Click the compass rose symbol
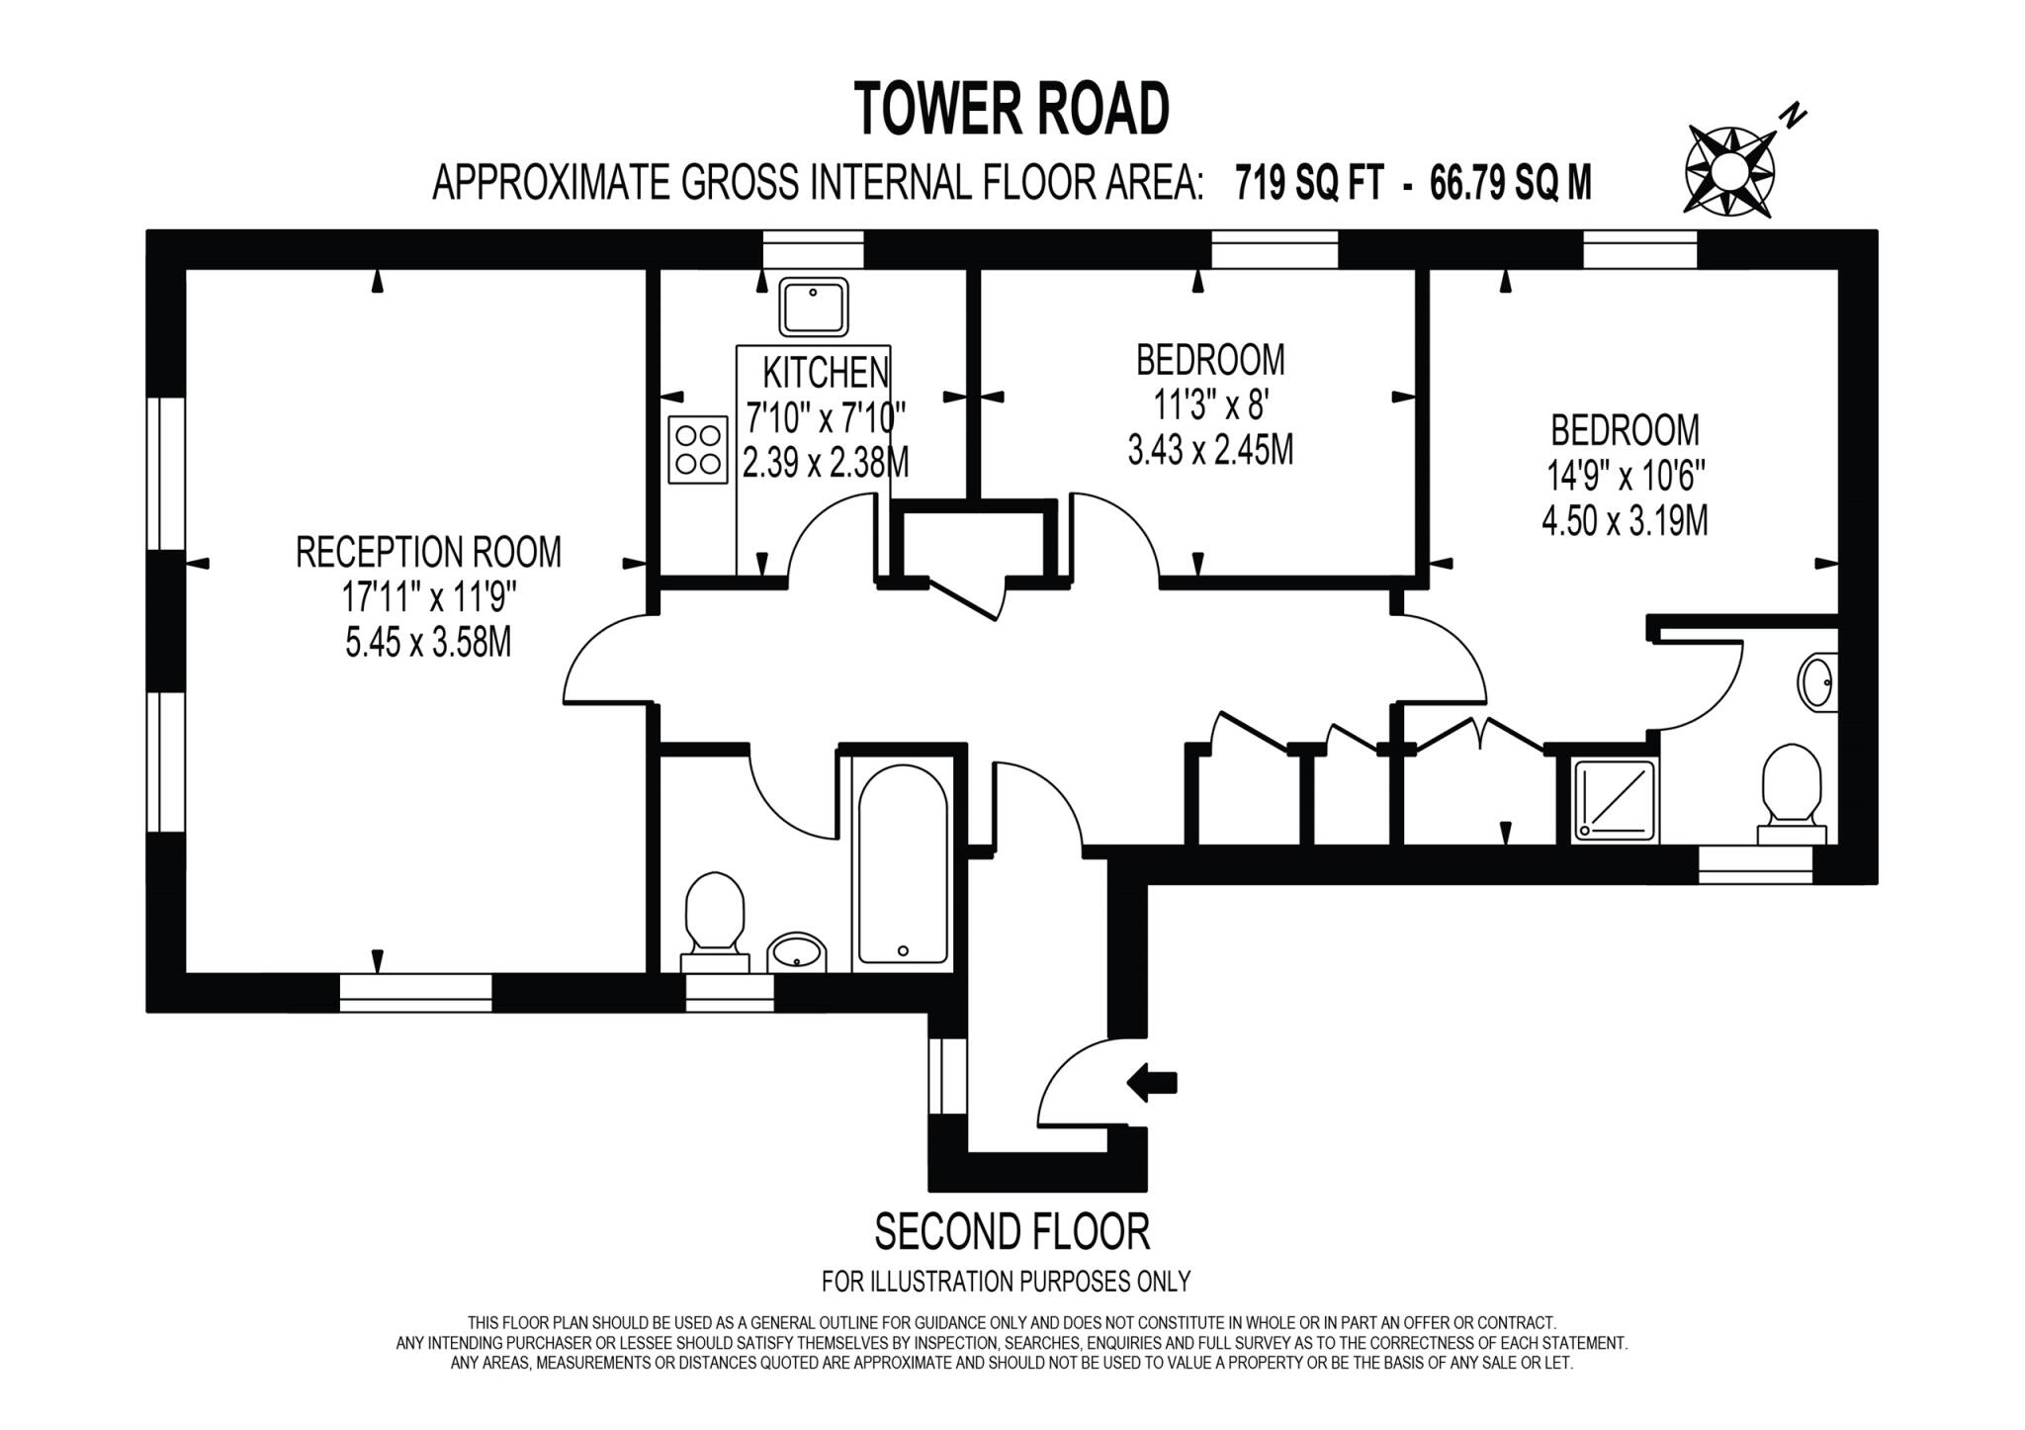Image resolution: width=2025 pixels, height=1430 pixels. click(x=1729, y=171)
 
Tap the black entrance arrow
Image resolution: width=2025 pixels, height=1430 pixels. click(x=1152, y=1082)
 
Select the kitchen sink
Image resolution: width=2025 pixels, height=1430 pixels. click(x=814, y=306)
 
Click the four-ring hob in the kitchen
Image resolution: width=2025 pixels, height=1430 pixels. click(x=698, y=450)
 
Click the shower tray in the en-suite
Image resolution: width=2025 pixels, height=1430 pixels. click(x=1615, y=801)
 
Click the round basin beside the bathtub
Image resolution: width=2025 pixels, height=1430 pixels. click(x=796, y=952)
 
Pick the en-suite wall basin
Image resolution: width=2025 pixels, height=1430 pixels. click(x=1817, y=682)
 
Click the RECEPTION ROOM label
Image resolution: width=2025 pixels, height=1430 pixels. click(x=428, y=552)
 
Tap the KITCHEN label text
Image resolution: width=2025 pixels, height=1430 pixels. click(x=826, y=373)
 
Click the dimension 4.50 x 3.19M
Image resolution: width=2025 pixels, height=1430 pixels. click(x=1625, y=520)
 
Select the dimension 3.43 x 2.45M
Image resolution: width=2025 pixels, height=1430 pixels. click(x=1210, y=451)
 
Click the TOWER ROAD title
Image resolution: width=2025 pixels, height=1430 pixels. click(x=1012, y=109)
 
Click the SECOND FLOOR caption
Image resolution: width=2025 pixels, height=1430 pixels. click(x=1012, y=1232)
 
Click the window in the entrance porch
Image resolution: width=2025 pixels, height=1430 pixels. click(x=948, y=1076)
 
